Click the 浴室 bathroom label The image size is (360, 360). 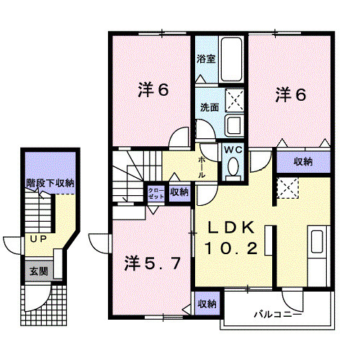coord(207,59)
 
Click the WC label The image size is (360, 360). coord(233,149)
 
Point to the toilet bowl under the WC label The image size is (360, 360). coord(233,167)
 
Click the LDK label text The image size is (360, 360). coord(232,227)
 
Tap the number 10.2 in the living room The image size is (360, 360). coord(232,248)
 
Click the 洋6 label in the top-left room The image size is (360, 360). coord(153,91)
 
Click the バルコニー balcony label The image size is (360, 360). coord(276,315)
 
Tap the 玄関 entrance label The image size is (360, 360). coord(38,271)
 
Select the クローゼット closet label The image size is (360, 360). coord(156,193)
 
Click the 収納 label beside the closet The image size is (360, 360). coord(179,192)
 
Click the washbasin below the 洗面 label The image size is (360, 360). coord(234,126)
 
